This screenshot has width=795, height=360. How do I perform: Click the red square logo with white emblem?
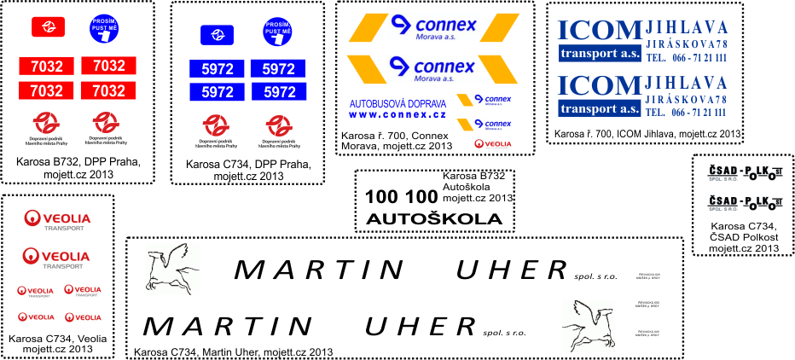pos(43,27)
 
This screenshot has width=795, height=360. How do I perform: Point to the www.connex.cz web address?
pos(386,114)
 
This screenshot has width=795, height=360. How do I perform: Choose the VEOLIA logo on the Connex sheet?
pos(492,144)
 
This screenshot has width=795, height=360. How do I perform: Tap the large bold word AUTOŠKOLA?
pos(434,219)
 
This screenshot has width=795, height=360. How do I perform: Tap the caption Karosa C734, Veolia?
pos(57,339)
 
